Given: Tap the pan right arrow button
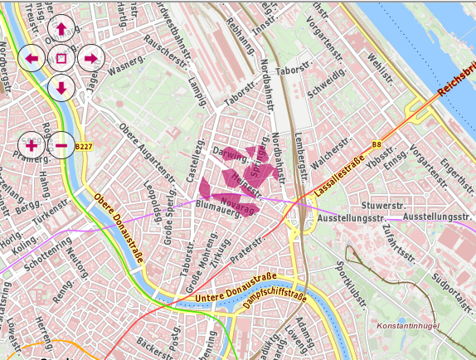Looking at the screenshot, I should pyautogui.click(x=90, y=58).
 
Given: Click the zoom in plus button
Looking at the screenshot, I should pyautogui.click(x=32, y=146).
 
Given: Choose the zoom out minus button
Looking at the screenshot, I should pyautogui.click(x=61, y=146).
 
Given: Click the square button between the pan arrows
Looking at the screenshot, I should pyautogui.click(x=61, y=58).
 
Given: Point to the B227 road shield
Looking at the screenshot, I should pyautogui.click(x=84, y=147).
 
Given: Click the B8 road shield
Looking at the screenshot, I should pyautogui.click(x=376, y=144).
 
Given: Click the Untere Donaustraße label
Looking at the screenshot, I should pyautogui.click(x=236, y=286).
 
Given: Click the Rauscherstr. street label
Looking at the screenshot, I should pyautogui.click(x=164, y=51).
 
